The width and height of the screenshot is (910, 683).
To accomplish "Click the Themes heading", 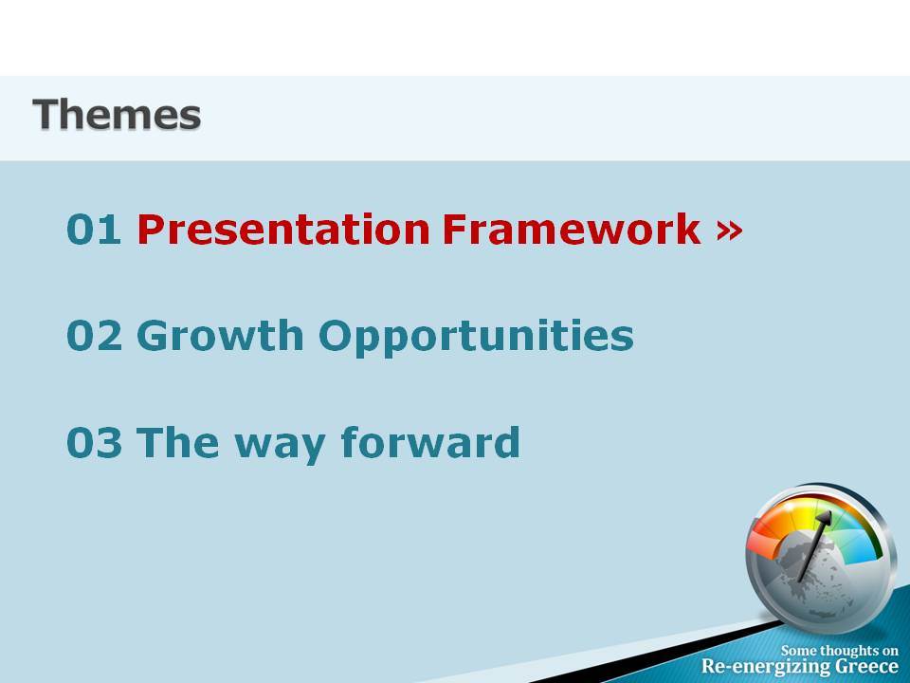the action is pos(117,115).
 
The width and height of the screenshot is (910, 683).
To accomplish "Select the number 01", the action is pos(94,230).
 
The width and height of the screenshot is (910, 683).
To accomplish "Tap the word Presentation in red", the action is pos(283,230).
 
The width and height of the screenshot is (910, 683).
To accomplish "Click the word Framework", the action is pos(572,229).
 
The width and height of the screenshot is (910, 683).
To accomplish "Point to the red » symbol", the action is pos(730,230).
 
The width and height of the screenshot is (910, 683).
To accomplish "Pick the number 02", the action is pos(95,335).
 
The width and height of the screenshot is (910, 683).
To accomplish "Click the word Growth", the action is pos(220,335).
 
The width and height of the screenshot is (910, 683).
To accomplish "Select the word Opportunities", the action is pos(476,337).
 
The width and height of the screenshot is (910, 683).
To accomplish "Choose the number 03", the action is pos(95,443).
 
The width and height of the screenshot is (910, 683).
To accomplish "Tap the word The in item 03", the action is pos(177,442).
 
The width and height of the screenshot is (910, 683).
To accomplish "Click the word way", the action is pos(280,446).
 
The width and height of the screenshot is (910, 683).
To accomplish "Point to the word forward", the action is pos(430,442).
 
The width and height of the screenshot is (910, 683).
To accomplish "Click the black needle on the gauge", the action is pos(815,545).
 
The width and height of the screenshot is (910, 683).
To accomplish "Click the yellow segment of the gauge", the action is pos(806,507).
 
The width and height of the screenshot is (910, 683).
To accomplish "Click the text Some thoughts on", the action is pos(839,651).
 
